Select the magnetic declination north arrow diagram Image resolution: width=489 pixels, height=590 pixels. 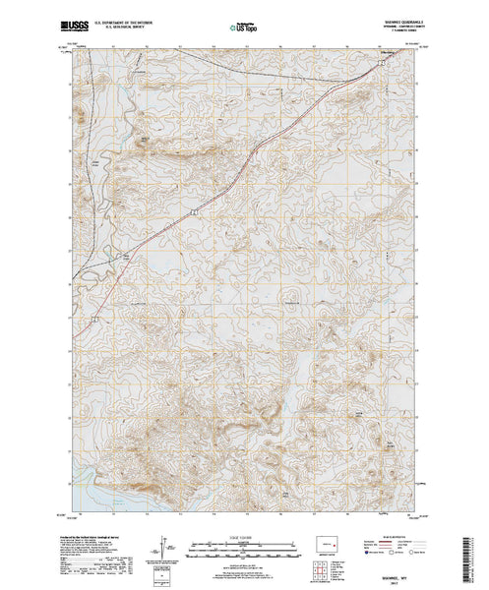161,544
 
